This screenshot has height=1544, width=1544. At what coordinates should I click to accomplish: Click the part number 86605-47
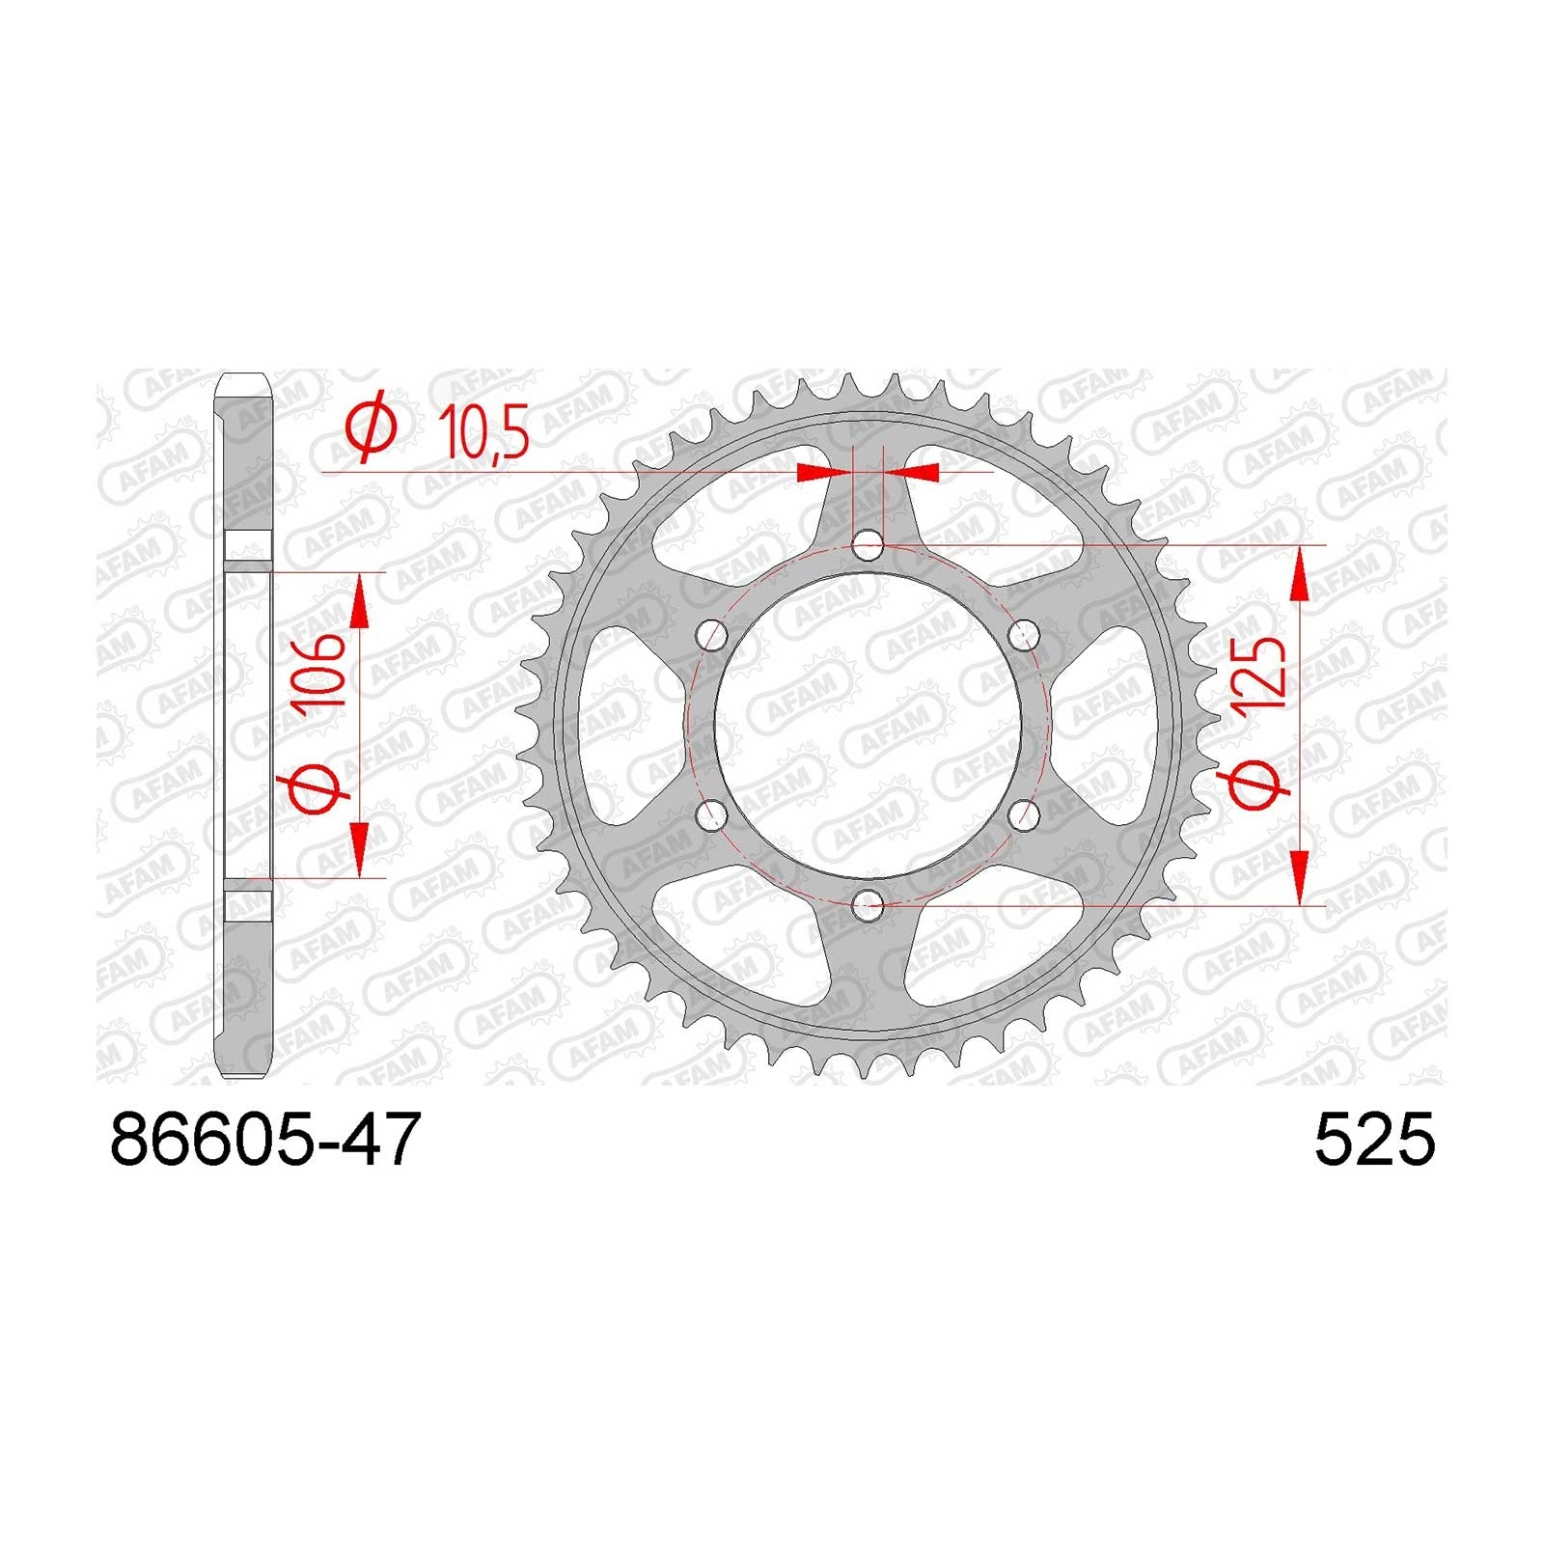(266, 1139)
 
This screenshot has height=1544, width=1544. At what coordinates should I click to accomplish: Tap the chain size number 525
(1375, 1139)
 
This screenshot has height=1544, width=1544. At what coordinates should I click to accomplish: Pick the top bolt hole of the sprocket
(868, 546)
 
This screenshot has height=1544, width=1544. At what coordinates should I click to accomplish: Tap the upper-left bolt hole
(712, 635)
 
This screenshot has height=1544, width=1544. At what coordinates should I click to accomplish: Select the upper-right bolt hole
(1024, 635)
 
